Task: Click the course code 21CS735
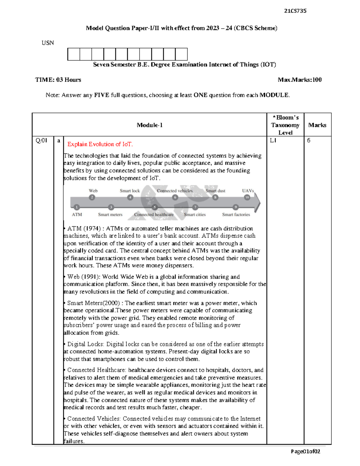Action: [295, 11]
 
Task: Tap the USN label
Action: [48, 43]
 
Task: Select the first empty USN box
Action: [73, 54]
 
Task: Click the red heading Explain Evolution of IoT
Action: [100, 144]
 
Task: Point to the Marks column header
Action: [317, 125]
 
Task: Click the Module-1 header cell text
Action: [149, 125]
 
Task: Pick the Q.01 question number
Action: [41, 140]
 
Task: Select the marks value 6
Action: [309, 140]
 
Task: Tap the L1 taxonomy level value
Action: [273, 140]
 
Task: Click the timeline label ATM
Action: [77, 215]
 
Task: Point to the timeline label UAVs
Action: [248, 191]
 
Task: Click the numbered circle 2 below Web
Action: [92, 197]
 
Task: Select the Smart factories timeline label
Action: [236, 215]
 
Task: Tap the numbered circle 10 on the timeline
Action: [247, 197]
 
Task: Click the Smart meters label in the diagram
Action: [110, 215]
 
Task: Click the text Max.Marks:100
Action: [299, 80]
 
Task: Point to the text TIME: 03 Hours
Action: [58, 80]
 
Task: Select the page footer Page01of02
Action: [305, 452]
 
